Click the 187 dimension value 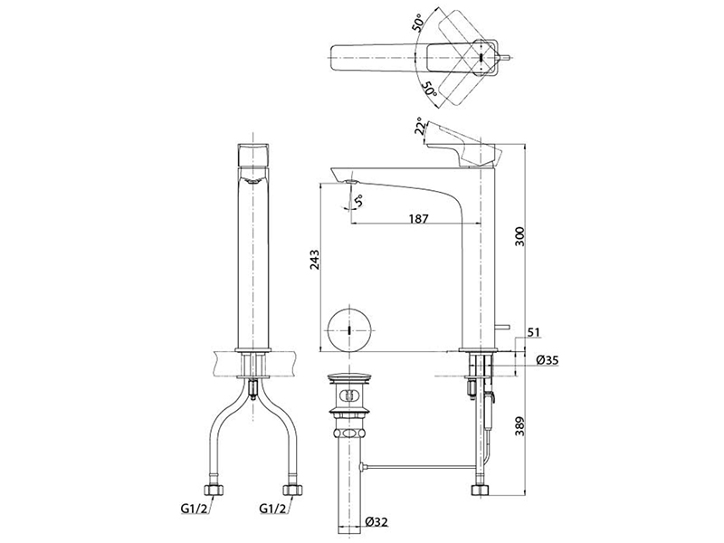tap(419, 218)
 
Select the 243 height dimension tap(314, 260)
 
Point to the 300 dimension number tap(519, 236)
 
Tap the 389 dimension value tap(519, 427)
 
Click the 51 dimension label tap(533, 332)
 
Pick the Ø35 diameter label tap(548, 360)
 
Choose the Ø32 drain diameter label tap(376, 522)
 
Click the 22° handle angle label tap(419, 126)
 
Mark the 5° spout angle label tap(358, 201)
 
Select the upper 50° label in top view tap(417, 22)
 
